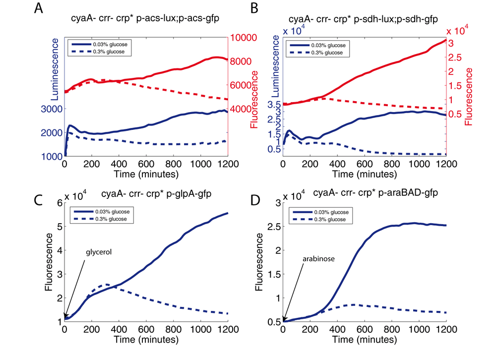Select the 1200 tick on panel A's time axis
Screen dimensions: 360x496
pyautogui.click(x=227, y=164)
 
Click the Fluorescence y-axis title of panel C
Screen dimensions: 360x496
pyautogui.click(x=49, y=261)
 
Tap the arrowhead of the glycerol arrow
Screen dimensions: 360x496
pyautogui.click(x=65, y=318)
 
